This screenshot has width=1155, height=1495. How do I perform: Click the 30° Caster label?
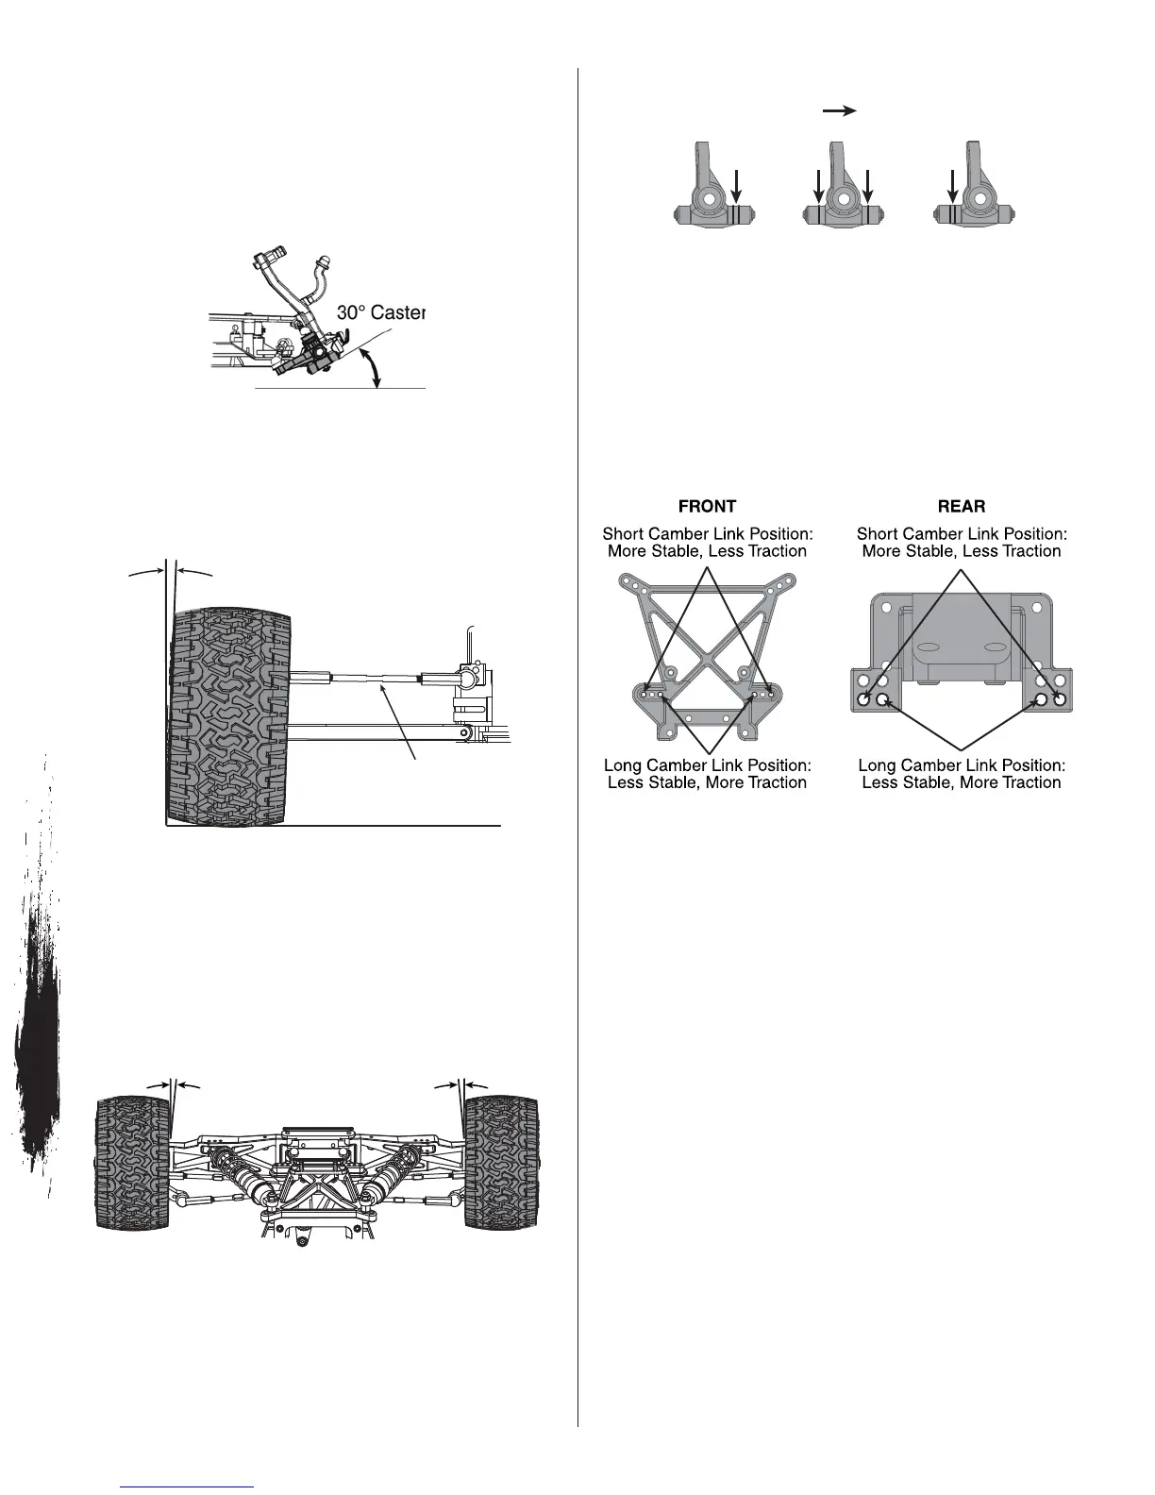pos(380,311)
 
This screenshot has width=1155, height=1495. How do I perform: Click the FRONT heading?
pos(707,507)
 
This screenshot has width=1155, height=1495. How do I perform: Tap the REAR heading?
pos(962,507)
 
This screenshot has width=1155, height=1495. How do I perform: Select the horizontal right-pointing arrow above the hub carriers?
pos(839,110)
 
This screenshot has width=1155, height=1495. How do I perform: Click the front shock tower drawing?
pos(707,651)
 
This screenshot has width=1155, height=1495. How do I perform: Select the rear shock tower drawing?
pos(962,651)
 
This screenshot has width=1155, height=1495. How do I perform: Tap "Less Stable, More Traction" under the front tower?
pos(707,782)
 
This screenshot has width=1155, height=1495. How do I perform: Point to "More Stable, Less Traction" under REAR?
pos(962,551)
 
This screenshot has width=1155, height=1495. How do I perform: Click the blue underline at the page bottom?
pos(188,1487)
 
